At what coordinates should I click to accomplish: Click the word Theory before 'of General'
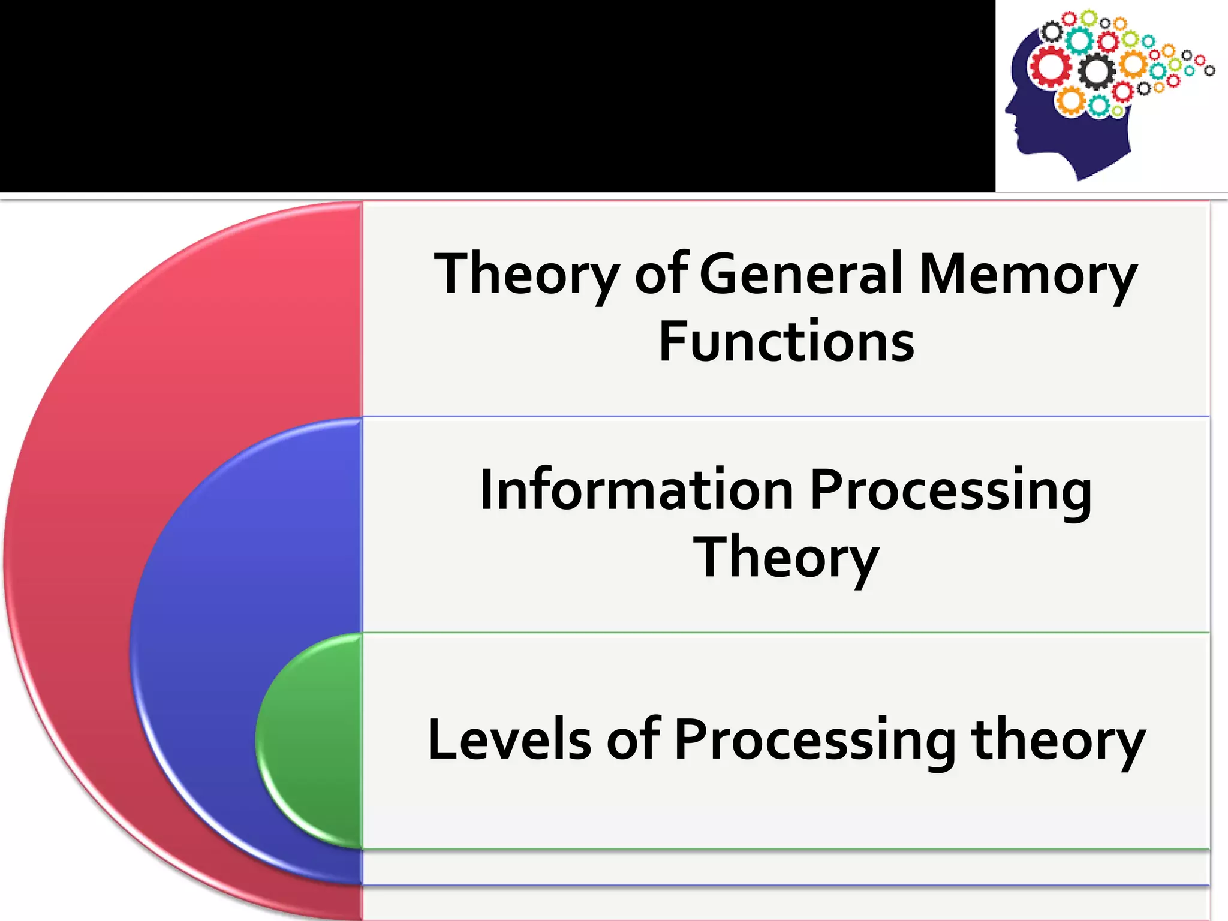click(x=526, y=275)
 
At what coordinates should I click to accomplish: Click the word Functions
click(x=786, y=341)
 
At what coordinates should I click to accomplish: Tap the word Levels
click(x=510, y=739)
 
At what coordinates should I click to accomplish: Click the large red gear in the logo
click(x=1051, y=67)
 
